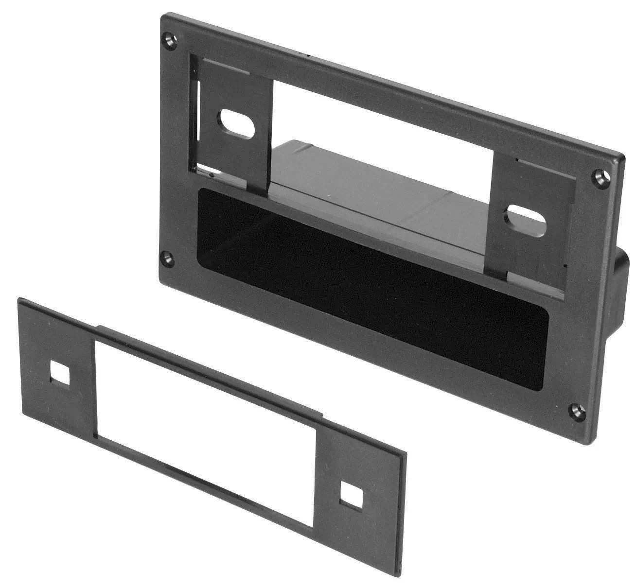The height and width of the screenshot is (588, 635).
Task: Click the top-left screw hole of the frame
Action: tap(170, 39)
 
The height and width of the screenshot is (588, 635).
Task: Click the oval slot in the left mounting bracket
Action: tap(237, 122)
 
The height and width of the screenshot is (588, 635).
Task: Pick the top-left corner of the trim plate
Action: tap(19, 298)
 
